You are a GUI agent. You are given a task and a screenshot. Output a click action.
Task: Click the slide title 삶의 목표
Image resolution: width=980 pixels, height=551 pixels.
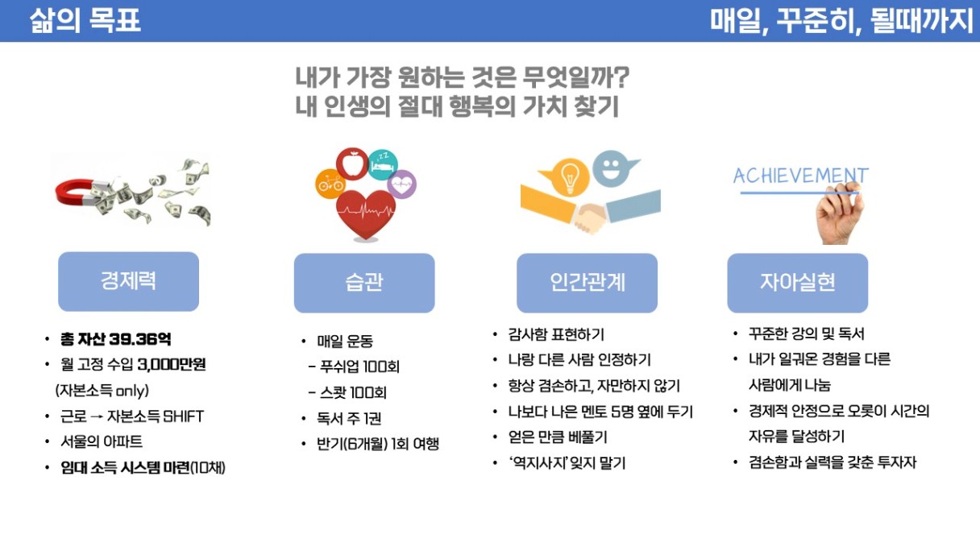(x=85, y=21)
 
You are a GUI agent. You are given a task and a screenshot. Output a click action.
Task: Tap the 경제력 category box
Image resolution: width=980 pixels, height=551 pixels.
(x=129, y=281)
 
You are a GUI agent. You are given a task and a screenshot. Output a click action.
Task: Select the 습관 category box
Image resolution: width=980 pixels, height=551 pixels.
(x=364, y=283)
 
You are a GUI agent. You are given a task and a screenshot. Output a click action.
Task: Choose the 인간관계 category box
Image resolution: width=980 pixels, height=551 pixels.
(x=588, y=283)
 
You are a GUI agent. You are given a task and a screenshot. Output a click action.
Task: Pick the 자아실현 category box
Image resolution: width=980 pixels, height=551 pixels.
(x=798, y=283)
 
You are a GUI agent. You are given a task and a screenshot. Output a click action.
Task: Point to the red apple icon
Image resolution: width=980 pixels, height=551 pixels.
(x=352, y=164)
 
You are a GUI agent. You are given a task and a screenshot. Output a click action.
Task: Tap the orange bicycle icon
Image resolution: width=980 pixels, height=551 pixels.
(x=330, y=184)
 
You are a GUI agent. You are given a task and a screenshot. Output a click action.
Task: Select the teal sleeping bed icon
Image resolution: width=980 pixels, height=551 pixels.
(x=383, y=164)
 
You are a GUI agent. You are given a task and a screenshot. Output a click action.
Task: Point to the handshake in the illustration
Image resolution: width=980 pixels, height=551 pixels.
(x=590, y=217)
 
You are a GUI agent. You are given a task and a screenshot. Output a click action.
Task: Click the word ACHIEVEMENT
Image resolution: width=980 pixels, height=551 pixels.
(x=800, y=176)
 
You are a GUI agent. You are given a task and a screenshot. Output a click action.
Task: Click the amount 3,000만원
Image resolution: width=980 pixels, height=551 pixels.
(x=172, y=364)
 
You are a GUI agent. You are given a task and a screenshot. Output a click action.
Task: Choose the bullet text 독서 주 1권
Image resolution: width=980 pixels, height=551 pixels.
(x=349, y=419)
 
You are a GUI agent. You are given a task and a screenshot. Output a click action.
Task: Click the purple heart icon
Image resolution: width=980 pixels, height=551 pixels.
(x=401, y=184)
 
